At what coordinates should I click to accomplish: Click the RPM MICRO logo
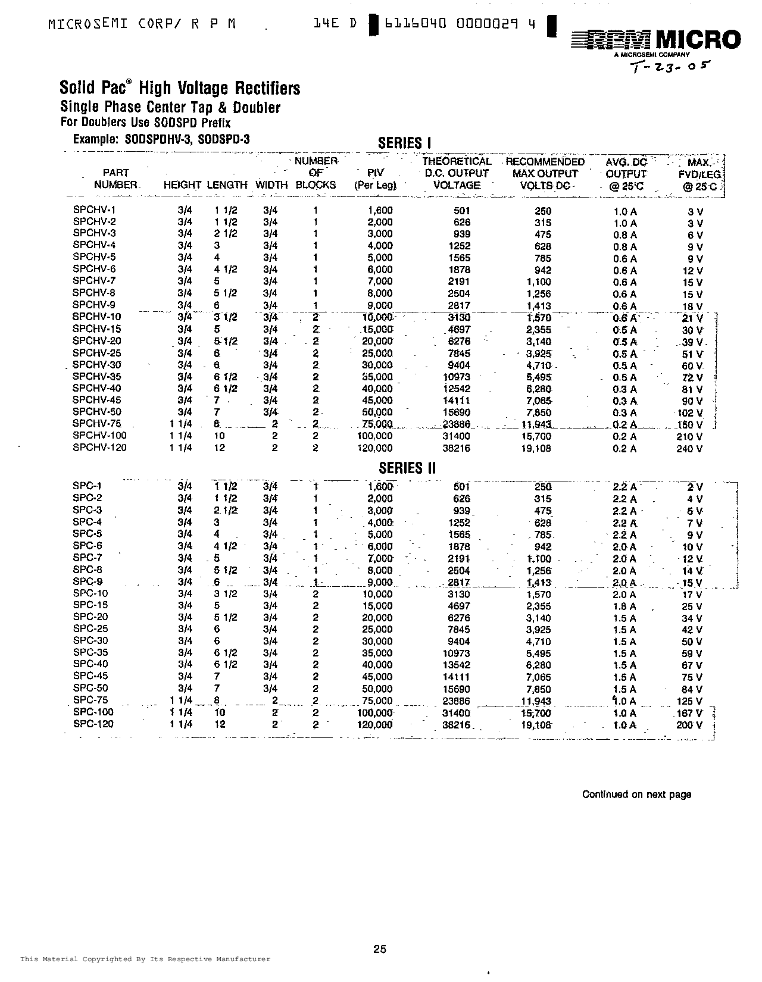point(655,41)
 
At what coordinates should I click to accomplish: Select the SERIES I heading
point(404,143)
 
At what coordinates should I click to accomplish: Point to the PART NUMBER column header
point(116,179)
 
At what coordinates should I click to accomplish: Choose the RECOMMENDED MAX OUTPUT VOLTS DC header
point(545,173)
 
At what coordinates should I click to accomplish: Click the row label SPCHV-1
point(94,210)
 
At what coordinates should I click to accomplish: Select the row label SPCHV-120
point(99,448)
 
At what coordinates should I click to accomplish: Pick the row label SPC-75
point(90,700)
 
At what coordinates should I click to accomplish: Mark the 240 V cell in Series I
point(689,449)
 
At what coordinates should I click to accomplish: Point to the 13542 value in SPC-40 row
point(457,665)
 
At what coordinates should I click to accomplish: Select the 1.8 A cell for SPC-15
point(624,606)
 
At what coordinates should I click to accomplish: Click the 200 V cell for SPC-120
point(689,725)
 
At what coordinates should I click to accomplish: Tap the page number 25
point(380,949)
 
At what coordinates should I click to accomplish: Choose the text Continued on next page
point(636,795)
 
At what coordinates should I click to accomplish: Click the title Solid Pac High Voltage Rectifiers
point(180,88)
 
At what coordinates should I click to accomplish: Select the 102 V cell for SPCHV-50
point(689,413)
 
